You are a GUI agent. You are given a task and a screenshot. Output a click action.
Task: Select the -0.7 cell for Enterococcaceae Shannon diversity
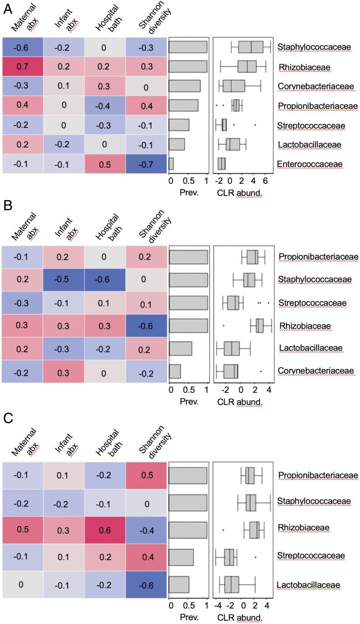pyautogui.click(x=147, y=165)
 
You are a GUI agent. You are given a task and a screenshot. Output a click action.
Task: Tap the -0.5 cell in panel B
pyautogui.click(x=63, y=279)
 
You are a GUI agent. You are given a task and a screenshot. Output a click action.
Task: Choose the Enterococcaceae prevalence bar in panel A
pyautogui.click(x=171, y=165)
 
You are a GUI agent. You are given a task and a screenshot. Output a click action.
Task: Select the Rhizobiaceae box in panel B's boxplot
pyautogui.click(x=260, y=325)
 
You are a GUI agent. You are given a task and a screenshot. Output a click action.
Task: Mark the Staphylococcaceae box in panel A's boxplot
pyautogui.click(x=251, y=47)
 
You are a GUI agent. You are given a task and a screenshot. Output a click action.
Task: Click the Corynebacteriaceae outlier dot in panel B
pyautogui.click(x=261, y=371)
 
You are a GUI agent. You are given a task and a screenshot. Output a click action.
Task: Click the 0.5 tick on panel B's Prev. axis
pyautogui.click(x=189, y=388)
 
